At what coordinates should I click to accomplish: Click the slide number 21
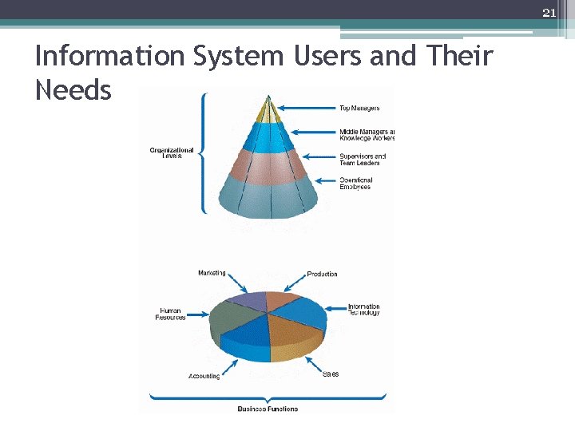(549, 12)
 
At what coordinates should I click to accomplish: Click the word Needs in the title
(73, 90)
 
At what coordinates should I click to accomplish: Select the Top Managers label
(359, 108)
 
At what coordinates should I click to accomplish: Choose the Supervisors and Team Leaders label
(362, 160)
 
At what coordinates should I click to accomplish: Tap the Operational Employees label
(355, 184)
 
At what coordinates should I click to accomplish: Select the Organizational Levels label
(171, 152)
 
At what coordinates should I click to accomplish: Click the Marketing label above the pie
(212, 273)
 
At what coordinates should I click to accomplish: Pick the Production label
(322, 274)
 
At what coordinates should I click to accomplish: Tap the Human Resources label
(170, 314)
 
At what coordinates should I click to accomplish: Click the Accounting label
(204, 376)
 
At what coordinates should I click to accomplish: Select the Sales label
(331, 374)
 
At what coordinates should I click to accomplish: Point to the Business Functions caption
(268, 409)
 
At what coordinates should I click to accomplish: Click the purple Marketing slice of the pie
(248, 301)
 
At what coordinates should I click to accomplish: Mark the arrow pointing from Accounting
(230, 366)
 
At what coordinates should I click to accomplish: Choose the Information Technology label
(363, 309)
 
